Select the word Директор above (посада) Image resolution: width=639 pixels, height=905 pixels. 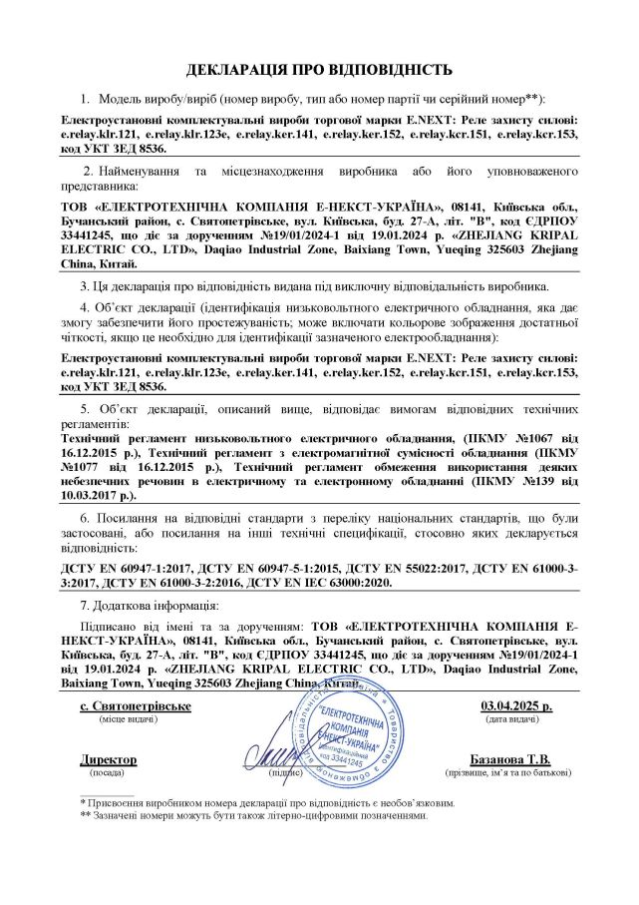[x=108, y=760]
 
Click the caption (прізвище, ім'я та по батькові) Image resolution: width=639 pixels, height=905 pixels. [x=512, y=773]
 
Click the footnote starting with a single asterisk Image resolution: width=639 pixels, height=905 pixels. [x=269, y=802]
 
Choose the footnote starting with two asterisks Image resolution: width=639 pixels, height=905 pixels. [x=254, y=814]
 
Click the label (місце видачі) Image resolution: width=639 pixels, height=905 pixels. [x=121, y=718]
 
